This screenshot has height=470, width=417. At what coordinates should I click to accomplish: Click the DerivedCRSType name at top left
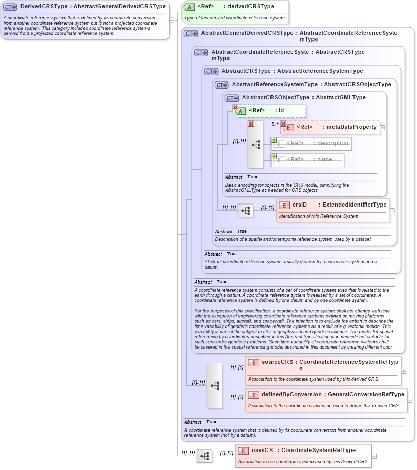tap(44, 7)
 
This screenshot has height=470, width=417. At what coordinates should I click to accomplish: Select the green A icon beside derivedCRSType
tap(189, 7)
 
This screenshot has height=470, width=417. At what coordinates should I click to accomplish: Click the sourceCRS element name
tap(277, 362)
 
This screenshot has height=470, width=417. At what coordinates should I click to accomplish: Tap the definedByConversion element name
tap(291, 394)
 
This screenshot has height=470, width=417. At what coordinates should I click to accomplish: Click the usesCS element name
tap(262, 450)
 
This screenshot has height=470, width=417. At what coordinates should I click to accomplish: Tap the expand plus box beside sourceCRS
tap(403, 371)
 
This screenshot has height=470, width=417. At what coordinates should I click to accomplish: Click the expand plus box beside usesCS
tap(374, 456)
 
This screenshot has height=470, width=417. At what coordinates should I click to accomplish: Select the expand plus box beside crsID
tap(392, 210)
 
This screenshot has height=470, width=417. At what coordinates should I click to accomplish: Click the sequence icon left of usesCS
tap(204, 456)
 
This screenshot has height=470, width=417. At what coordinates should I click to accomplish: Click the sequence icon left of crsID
tap(245, 210)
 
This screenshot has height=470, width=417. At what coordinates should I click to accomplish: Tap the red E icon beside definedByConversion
tap(254, 395)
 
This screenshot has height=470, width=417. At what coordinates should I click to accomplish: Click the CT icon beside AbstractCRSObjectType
tap(232, 98)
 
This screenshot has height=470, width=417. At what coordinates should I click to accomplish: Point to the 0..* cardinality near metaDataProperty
tap(275, 124)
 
